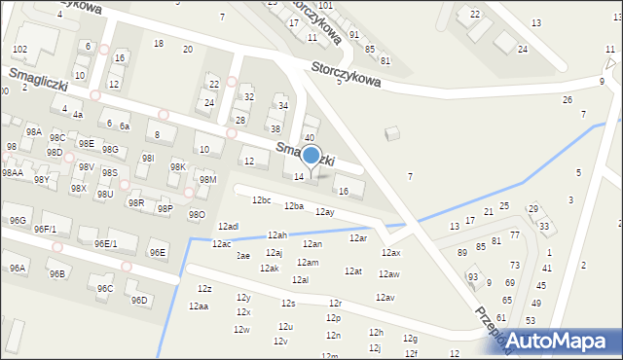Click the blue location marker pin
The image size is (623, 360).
pos(311,157)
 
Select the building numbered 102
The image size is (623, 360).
pos(19,49)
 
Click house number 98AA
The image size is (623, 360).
pos(12,172)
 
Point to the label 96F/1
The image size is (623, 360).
pos(45,230)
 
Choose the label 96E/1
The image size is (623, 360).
pos(105,243)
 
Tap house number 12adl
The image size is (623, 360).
pos(228,226)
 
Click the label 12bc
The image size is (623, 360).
pos(261,199)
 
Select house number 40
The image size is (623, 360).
pos(309,137)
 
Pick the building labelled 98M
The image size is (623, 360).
pos(206,179)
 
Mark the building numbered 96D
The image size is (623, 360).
pos(139,300)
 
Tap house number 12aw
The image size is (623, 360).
pos(389,274)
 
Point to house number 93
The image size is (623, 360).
pos(473,277)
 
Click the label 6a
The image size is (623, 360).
pos(125,126)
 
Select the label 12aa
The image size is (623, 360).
pos(199,306)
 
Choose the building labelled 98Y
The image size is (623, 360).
pos(41,179)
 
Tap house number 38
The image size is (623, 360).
pos(275,128)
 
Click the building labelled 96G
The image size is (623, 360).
pos(18,221)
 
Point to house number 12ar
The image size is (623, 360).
pos(357,237)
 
